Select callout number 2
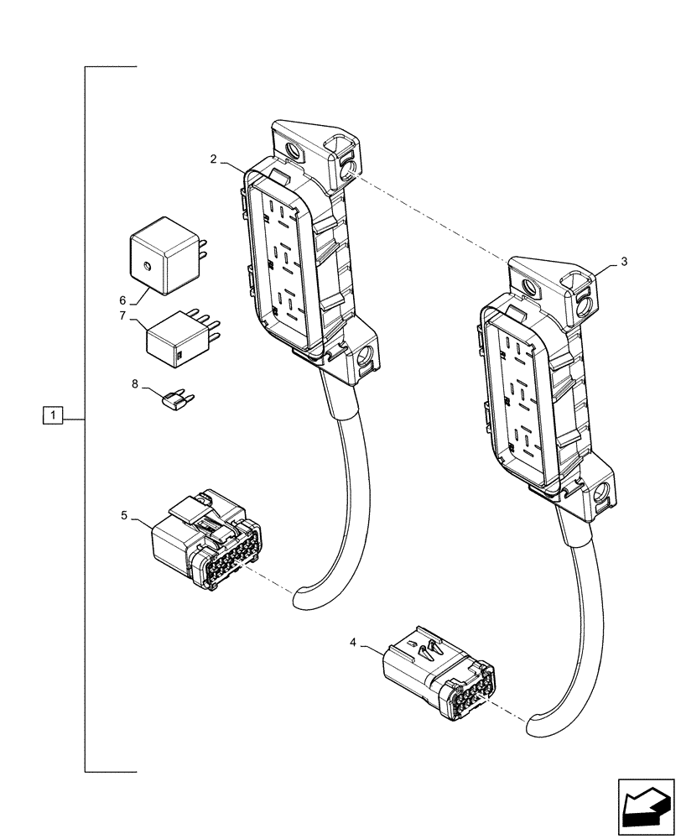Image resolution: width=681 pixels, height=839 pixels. coord(214,159)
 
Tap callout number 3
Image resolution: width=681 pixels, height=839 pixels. coord(623,262)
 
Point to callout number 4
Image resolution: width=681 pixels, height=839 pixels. coord(353,643)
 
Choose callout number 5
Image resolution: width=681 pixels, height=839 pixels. coord(124,515)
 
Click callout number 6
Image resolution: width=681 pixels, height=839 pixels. coord(122,300)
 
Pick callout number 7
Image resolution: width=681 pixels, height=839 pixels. coord(122,316)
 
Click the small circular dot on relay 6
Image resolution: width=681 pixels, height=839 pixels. coord(146,268)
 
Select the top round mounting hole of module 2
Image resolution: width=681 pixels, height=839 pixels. coord(294,153)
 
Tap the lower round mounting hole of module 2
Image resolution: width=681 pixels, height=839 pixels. coord(364,362)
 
